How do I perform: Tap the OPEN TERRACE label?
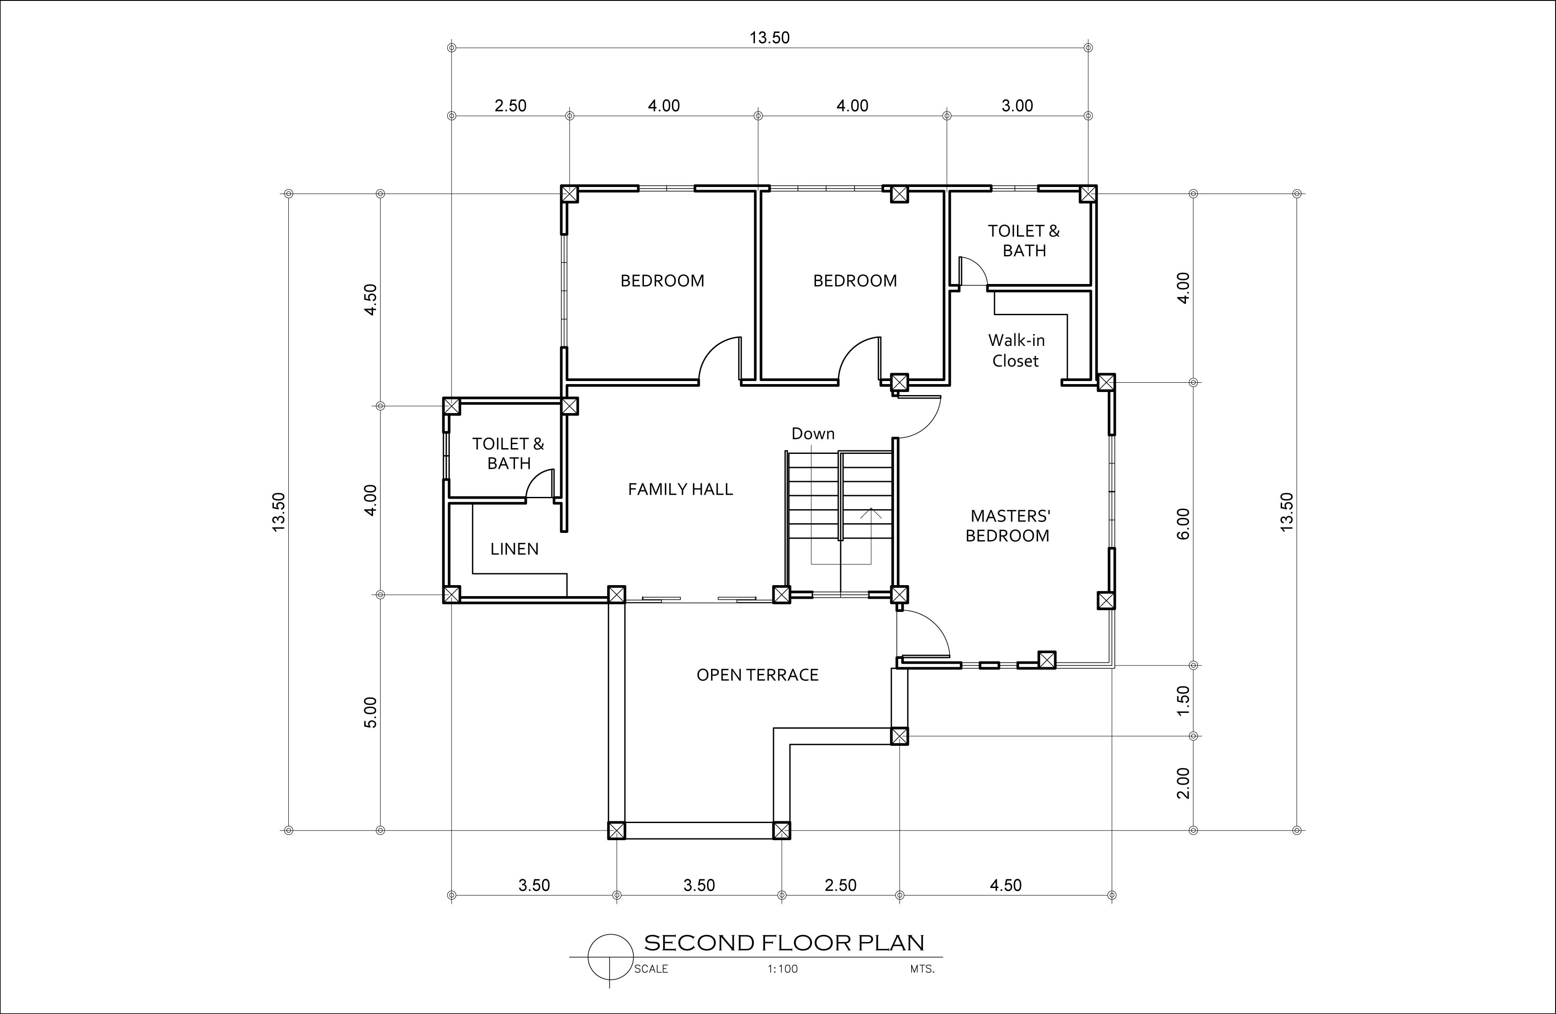click(757, 675)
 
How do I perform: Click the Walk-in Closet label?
click(1016, 350)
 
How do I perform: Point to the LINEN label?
click(514, 549)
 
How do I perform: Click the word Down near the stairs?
click(812, 433)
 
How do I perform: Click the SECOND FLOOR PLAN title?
click(784, 943)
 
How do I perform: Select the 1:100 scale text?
click(783, 969)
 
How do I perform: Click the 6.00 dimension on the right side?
click(1183, 524)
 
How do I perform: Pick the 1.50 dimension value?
click(1183, 700)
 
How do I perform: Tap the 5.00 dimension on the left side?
click(371, 712)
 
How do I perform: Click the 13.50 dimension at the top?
click(769, 38)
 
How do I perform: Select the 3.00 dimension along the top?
click(1017, 106)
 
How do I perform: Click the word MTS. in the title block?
click(922, 969)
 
